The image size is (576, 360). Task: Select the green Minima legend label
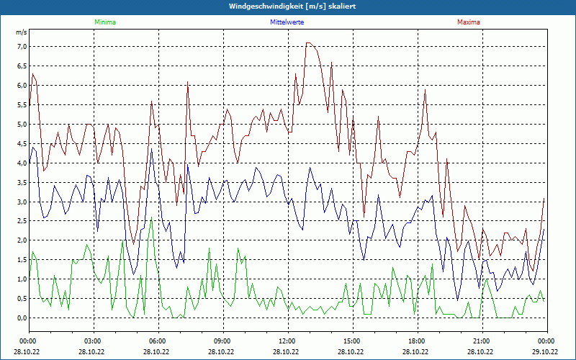[104, 22]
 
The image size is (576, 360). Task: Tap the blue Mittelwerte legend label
[287, 22]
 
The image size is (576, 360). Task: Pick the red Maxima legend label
[469, 22]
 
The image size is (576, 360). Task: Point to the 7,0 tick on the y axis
[21, 47]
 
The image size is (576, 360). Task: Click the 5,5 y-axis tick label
[21, 105]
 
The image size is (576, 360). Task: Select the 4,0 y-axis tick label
[21, 163]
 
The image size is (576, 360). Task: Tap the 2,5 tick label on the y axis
[21, 221]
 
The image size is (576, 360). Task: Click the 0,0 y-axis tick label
[21, 318]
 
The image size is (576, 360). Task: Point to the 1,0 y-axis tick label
[21, 279]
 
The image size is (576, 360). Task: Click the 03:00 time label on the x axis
[93, 341]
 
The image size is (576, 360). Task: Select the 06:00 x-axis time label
[158, 341]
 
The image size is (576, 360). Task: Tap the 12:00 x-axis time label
[287, 341]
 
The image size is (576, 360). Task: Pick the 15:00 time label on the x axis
[352, 341]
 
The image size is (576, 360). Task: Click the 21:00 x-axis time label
[482, 341]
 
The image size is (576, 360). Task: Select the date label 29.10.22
[546, 352]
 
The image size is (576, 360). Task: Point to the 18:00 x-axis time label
[417, 341]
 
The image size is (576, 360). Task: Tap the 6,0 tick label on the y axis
[21, 86]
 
